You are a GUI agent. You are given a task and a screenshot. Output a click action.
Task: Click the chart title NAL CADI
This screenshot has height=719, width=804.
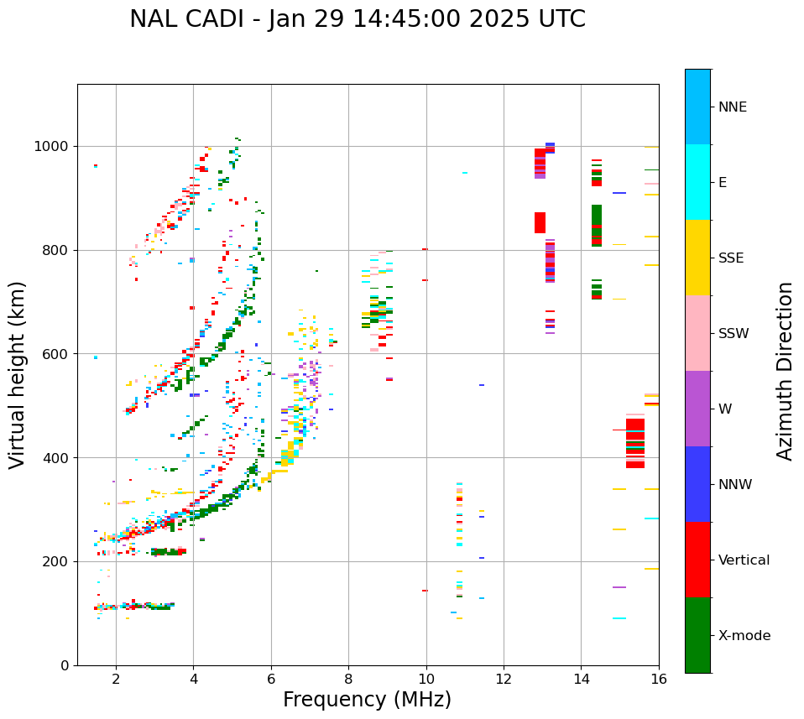[358, 19]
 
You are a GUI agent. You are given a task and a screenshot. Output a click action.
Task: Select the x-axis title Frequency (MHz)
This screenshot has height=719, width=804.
[367, 700]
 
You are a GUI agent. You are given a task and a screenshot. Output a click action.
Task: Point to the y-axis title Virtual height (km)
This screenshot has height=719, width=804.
[18, 374]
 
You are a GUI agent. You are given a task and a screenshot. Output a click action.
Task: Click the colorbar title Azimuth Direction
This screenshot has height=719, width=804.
[785, 371]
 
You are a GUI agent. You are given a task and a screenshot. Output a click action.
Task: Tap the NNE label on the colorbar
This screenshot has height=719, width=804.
[732, 107]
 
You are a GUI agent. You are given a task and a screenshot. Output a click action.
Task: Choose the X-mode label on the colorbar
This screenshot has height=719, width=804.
[744, 636]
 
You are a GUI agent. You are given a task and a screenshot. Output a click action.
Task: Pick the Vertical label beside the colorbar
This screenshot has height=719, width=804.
[744, 560]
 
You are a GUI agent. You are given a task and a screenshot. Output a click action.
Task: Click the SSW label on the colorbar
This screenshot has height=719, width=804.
[734, 334]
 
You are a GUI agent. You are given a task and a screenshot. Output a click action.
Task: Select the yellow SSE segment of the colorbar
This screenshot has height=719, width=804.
[697, 258]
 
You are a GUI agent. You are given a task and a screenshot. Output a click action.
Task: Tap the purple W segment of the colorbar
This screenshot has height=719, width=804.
[697, 409]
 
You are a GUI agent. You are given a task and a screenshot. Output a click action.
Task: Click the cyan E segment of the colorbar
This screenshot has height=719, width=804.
[697, 182]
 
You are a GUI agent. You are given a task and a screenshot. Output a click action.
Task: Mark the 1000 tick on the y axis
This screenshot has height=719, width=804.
[55, 147]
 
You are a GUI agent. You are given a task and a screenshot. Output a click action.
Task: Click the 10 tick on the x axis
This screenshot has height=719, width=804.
[425, 678]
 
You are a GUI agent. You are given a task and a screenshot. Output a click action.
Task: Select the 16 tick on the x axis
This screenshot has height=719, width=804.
[658, 678]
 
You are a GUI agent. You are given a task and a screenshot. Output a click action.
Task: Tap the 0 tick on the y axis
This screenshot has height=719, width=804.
[65, 665]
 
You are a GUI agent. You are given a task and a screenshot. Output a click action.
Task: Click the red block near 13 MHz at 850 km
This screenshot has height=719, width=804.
[540, 222]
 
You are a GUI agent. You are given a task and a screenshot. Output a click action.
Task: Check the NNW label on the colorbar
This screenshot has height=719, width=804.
[735, 485]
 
